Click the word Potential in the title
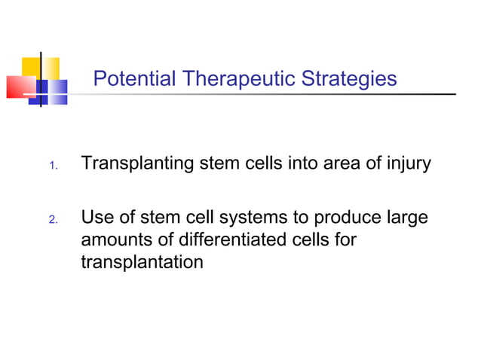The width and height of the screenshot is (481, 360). (x=133, y=78)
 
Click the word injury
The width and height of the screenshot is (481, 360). (x=407, y=163)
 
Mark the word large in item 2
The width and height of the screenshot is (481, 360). (x=407, y=218)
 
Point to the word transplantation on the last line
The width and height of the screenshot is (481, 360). (x=142, y=263)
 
